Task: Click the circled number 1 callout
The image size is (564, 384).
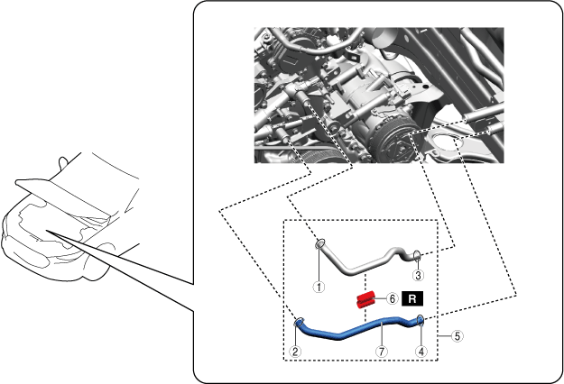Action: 319,287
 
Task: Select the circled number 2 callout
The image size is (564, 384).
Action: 295,352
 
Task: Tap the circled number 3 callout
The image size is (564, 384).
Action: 418,276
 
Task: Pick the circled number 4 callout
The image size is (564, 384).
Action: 421,352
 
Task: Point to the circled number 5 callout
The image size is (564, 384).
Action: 458,336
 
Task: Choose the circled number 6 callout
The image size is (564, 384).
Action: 393,298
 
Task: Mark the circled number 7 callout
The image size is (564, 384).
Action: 382,352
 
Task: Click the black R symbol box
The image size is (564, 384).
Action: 412,298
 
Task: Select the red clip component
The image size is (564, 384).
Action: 365,300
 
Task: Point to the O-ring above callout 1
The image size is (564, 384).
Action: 319,244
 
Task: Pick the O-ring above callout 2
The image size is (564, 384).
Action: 299,322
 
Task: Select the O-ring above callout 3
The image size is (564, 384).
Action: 417,255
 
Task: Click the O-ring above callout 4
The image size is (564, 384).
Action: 420,319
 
